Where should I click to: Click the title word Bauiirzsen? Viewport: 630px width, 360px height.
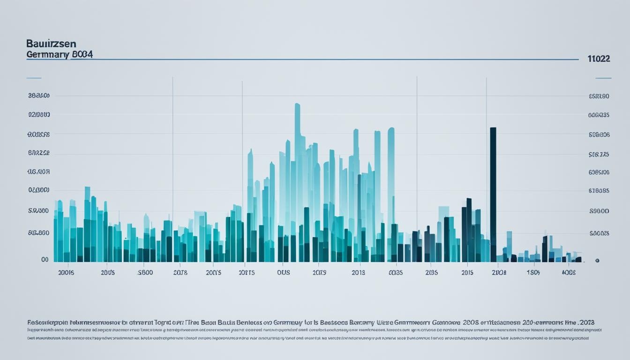tap(52, 44)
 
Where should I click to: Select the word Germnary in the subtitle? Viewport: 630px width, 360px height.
tap(47, 54)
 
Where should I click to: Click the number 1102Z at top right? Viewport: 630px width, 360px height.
tap(599, 59)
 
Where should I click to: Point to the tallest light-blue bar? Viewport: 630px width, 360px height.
tap(297, 141)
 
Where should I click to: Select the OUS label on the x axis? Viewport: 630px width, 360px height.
tap(283, 272)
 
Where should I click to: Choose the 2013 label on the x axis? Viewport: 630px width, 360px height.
tap(358, 272)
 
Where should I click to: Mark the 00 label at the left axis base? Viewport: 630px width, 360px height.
tap(45, 259)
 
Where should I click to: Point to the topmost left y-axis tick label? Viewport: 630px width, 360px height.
tap(39, 96)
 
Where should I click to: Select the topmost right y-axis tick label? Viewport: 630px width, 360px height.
tap(599, 96)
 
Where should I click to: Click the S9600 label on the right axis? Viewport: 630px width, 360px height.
tap(599, 211)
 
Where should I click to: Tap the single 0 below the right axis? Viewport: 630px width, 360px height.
tap(597, 261)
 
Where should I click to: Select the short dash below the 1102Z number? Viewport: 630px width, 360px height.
tap(603, 78)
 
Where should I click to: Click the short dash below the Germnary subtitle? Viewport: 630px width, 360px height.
tap(34, 78)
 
